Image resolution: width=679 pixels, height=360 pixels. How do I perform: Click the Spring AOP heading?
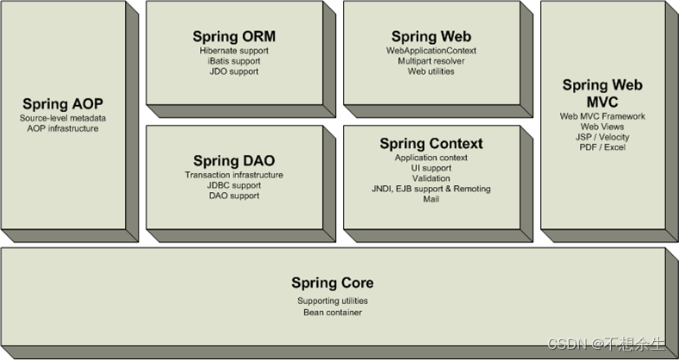tap(62, 103)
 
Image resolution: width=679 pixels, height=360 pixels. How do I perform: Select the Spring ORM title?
tap(234, 37)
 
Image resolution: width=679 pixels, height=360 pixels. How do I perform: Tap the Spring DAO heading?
tap(234, 161)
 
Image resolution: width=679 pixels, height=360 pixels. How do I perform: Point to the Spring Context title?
tap(431, 143)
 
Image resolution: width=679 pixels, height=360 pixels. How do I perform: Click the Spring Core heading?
tap(333, 282)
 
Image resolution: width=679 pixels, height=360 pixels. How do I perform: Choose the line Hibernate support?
tap(234, 51)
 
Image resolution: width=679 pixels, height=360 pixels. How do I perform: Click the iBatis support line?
tap(234, 61)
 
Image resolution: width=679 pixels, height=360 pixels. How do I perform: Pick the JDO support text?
tap(234, 71)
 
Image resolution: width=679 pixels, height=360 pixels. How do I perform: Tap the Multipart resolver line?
tap(431, 61)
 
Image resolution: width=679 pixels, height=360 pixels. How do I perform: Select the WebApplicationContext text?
tap(431, 51)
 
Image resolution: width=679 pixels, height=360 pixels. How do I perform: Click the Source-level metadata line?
tap(62, 118)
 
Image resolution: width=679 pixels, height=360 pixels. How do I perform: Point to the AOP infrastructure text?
tap(62, 128)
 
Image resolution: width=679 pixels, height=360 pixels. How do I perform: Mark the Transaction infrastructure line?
tap(234, 175)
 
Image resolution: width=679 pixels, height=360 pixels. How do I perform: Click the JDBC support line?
tap(234, 185)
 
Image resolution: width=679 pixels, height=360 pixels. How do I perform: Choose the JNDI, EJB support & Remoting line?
tap(431, 189)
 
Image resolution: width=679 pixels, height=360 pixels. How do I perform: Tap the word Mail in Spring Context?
tap(431, 199)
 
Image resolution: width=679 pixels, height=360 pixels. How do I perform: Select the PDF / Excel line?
tap(603, 147)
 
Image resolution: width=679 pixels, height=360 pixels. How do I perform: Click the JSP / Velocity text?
tap(603, 137)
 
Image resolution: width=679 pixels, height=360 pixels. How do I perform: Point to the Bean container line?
tap(333, 312)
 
